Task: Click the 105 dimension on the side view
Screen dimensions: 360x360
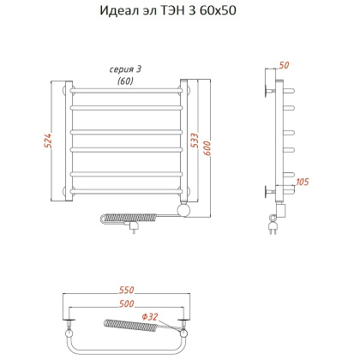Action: click(303, 181)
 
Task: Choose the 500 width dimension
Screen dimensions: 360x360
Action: click(124, 304)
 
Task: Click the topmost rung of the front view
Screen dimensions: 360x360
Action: click(124, 90)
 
